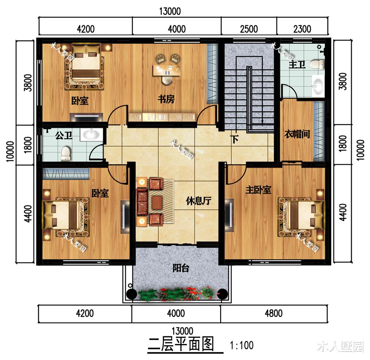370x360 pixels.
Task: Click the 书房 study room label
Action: (x=166, y=99)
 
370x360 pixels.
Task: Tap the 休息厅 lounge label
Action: (x=198, y=201)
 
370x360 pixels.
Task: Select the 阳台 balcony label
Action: (x=181, y=268)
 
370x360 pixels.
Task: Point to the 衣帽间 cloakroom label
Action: (x=297, y=134)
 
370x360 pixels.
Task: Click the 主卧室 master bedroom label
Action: (x=258, y=190)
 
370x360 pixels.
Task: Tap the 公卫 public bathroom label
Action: (x=64, y=135)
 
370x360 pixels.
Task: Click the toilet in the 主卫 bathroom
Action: (x=317, y=64)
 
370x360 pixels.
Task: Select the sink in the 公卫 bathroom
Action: (x=91, y=135)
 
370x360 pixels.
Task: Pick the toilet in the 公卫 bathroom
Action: (x=65, y=153)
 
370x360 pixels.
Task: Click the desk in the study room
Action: (x=167, y=70)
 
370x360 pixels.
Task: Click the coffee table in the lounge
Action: (x=157, y=203)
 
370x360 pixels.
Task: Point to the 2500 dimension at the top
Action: (x=249, y=29)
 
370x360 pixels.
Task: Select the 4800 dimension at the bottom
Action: (x=273, y=313)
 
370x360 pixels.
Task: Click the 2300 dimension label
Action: (x=302, y=29)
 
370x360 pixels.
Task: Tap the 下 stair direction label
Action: (x=235, y=139)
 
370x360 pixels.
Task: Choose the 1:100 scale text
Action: (x=242, y=345)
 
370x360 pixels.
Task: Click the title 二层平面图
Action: (x=181, y=344)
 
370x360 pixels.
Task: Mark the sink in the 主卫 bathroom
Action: (x=318, y=85)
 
